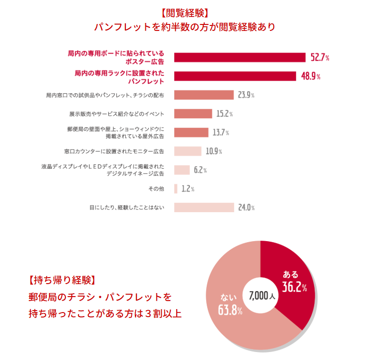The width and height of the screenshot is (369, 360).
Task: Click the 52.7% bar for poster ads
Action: coord(240,57)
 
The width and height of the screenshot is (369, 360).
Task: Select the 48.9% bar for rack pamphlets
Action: coord(235,76)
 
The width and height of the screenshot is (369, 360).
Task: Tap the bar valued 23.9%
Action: coord(204,95)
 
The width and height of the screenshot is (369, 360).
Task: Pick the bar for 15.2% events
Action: coord(193,114)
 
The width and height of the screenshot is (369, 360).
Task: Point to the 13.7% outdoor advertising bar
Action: coord(191,132)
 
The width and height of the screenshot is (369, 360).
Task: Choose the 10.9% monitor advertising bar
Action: coord(187,151)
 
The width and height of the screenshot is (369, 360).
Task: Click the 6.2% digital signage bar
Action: coord(182,170)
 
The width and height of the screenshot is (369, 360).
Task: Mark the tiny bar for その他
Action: coord(176,189)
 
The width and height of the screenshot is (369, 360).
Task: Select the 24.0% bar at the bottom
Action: coord(204,207)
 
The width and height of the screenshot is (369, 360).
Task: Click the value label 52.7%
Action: coord(320,58)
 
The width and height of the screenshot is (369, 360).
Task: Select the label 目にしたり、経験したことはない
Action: coord(127,207)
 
